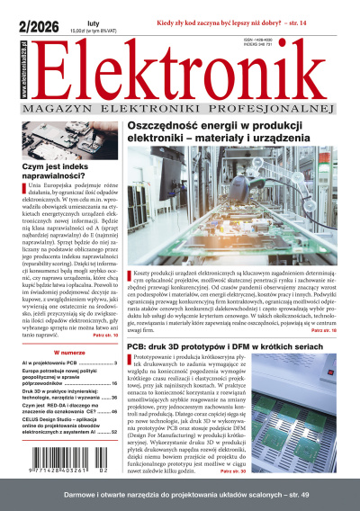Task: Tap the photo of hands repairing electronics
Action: tap(67, 133)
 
